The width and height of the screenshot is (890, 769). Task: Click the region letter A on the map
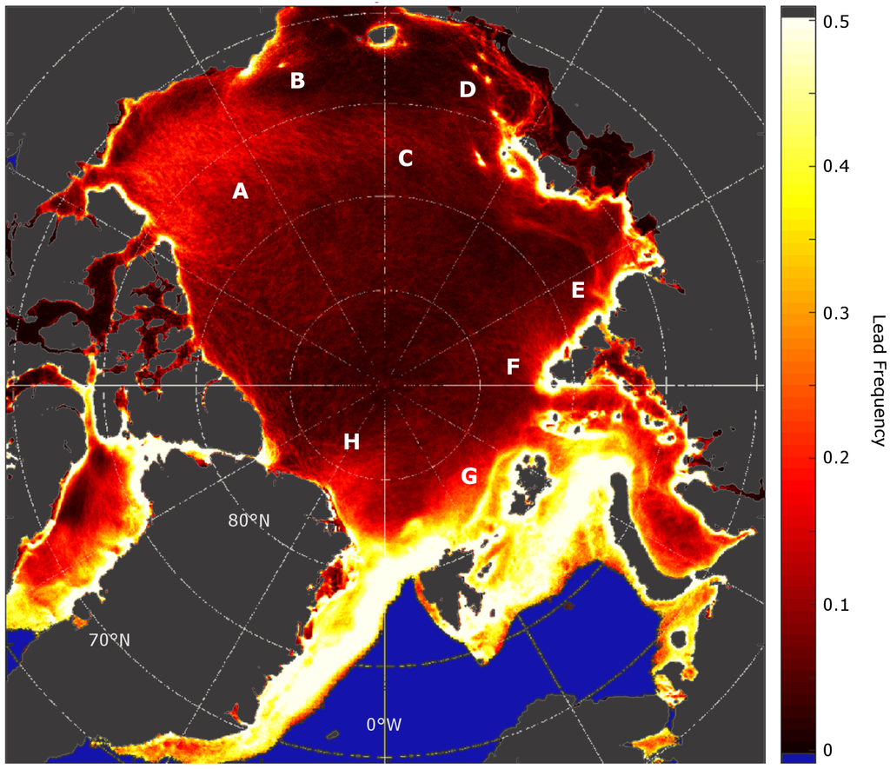[241, 192]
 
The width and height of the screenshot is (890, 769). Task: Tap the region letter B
[297, 81]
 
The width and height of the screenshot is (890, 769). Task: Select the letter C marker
[405, 158]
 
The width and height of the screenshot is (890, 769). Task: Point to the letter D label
[468, 89]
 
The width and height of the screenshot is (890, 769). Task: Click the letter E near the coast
[578, 290]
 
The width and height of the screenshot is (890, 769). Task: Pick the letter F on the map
[514, 368]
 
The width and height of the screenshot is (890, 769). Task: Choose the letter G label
[468, 475]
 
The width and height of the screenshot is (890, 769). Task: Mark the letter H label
[351, 441]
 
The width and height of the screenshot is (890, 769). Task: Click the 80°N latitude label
[249, 520]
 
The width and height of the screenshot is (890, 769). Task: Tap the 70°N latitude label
[110, 640]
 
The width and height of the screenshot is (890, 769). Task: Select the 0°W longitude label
[383, 724]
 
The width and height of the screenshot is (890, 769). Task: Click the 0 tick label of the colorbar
[828, 749]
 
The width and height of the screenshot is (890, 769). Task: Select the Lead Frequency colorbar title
[877, 380]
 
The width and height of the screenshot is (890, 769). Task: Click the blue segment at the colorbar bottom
[798, 758]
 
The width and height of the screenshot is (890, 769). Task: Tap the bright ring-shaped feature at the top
[382, 34]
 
